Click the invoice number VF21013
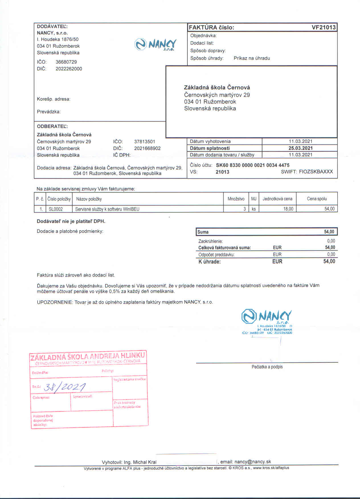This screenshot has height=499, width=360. click(x=324, y=27)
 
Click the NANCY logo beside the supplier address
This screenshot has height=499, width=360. click(x=156, y=45)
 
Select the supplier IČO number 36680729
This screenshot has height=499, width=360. click(x=66, y=62)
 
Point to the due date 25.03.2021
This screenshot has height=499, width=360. click(x=300, y=148)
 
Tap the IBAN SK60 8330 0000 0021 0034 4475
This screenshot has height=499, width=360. click(x=253, y=165)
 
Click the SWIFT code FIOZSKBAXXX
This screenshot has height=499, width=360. click(x=316, y=172)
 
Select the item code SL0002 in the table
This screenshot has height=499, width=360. click(x=56, y=209)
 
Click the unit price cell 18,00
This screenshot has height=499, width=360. click(x=288, y=209)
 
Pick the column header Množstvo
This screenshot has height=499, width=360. click(x=236, y=199)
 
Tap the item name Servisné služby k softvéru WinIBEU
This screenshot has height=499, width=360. click(x=107, y=209)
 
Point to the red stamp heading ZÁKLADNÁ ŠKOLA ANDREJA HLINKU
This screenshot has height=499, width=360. click(x=88, y=356)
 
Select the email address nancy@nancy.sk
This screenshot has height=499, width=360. click(x=253, y=462)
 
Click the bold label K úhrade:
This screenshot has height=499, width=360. click(x=209, y=261)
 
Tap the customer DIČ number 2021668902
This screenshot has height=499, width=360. click(x=147, y=148)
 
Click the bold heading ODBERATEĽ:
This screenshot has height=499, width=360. click(x=52, y=126)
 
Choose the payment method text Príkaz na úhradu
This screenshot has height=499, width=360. click(x=252, y=58)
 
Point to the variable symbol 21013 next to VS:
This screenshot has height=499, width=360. click(x=222, y=172)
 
